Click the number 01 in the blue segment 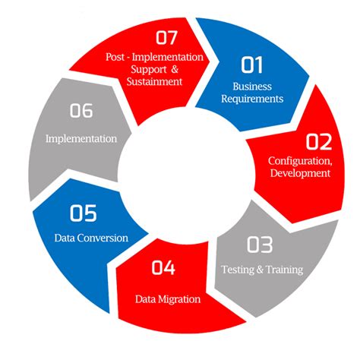coord(252,65)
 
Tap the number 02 coord(319,142)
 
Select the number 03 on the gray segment coord(260,245)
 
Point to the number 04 coord(163,267)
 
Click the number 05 coord(84,213)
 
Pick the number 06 coord(81,110)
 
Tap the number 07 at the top coord(166,37)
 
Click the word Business coord(252,87)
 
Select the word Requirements coord(252,99)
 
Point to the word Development coord(300,173)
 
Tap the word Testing coord(238,270)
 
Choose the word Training coord(285,270)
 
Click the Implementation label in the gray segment coord(81,139)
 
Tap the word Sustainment coord(154,81)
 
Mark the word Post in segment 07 coord(115,57)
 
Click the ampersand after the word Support coord(175,69)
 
